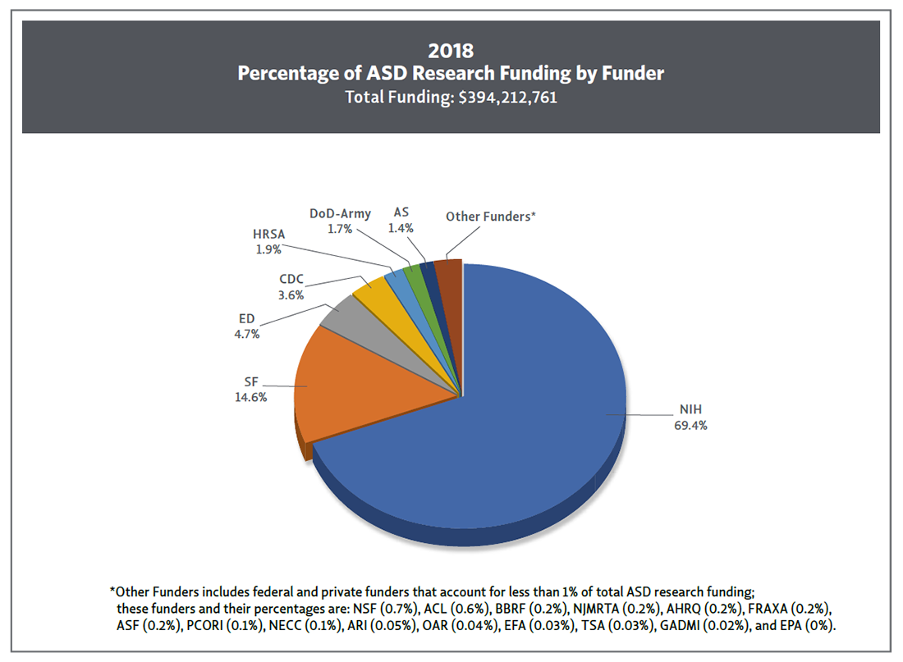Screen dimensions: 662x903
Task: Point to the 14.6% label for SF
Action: [x=250, y=397]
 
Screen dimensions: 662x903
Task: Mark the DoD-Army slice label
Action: [x=340, y=213]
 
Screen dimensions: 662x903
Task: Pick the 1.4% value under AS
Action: [x=401, y=229]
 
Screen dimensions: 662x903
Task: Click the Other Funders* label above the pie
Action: [x=490, y=217]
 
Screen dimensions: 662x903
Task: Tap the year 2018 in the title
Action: [x=451, y=51]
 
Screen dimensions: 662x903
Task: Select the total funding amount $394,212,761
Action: [x=509, y=97]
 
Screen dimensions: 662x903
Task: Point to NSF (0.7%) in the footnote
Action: [x=387, y=609]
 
